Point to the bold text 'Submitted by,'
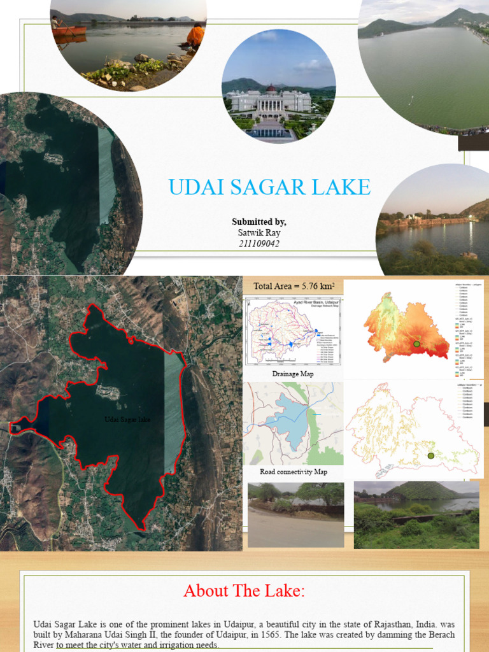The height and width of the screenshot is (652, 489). click(x=259, y=222)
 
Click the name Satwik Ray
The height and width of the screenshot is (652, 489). click(x=259, y=232)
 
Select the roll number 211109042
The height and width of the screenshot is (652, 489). click(x=259, y=243)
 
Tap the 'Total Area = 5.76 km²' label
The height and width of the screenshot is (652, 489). click(x=294, y=286)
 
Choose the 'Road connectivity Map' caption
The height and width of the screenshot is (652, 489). click(x=293, y=472)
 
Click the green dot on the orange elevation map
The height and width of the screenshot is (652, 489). click(x=416, y=344)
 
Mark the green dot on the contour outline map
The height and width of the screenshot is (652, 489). click(x=431, y=455)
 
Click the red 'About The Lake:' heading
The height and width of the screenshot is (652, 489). click(x=244, y=592)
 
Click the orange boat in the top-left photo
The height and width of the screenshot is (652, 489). click(x=69, y=30)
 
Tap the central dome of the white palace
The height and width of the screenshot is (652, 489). click(x=271, y=89)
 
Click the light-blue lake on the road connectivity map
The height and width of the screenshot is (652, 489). click(x=290, y=421)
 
